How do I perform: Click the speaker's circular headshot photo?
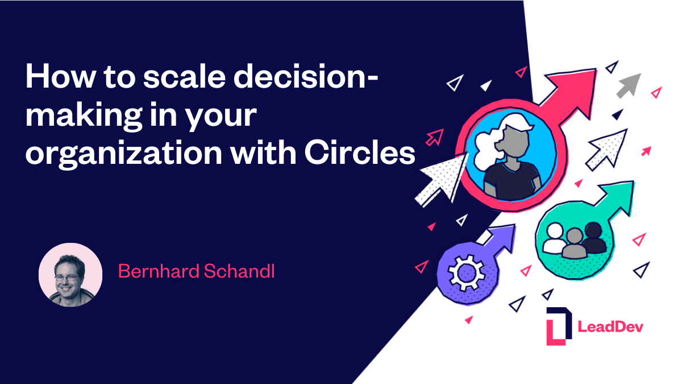coord(70,275)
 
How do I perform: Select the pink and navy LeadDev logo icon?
coord(558,326)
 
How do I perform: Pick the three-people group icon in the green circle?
coord(574,238)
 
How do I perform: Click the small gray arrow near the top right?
coord(629,84)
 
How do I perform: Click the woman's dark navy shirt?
coord(508,179)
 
